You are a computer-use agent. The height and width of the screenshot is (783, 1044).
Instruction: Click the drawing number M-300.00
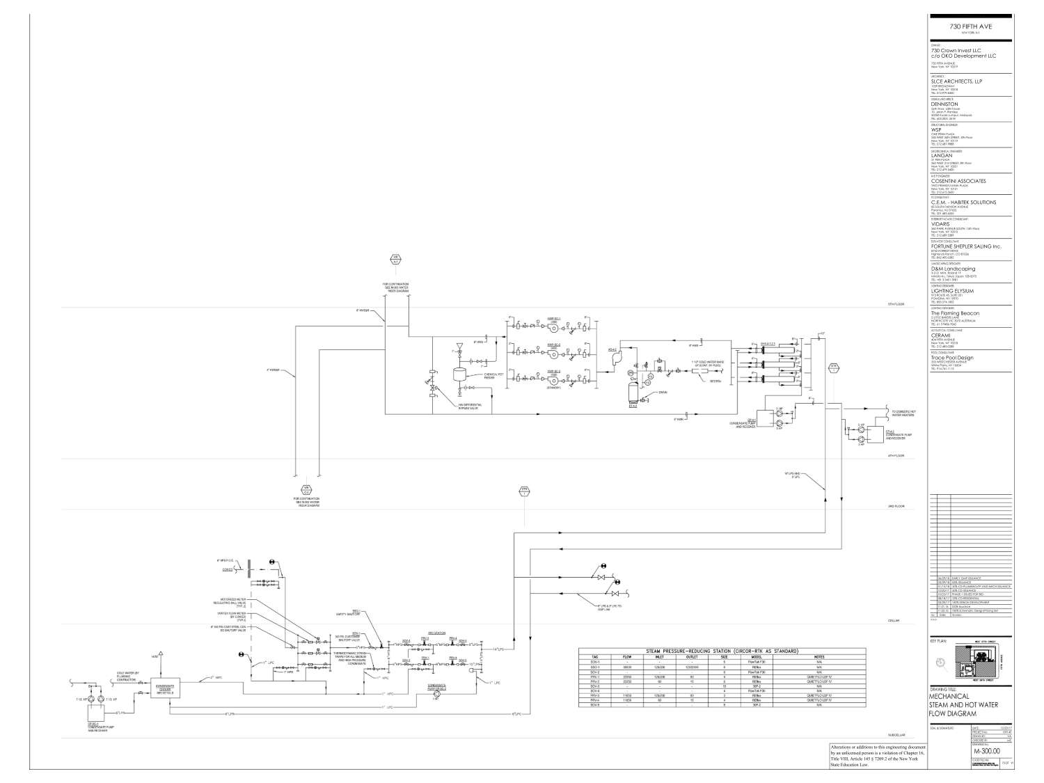tap(986, 751)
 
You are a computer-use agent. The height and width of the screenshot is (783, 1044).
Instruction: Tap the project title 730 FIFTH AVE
tap(971, 26)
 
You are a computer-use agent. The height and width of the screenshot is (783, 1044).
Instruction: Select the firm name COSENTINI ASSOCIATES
tap(958, 181)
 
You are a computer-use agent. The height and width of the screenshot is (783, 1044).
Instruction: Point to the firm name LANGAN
tap(941, 156)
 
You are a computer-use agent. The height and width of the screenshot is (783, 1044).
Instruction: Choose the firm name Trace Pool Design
tap(952, 358)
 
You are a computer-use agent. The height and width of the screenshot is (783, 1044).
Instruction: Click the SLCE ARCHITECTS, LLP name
tap(956, 81)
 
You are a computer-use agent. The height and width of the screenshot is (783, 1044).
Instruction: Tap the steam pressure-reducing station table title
tap(722, 651)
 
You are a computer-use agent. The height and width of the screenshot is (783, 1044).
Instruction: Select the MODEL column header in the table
tap(757, 656)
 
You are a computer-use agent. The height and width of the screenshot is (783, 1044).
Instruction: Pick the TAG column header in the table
tap(595, 656)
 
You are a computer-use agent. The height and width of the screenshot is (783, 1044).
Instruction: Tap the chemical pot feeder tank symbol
tap(460, 374)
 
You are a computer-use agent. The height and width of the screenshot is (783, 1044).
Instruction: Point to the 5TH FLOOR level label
tap(894, 305)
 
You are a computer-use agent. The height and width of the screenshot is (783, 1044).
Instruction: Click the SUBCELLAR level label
tap(895, 734)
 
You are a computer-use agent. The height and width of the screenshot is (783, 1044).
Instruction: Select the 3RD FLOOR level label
tap(894, 507)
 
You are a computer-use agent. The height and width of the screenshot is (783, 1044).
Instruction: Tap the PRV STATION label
tap(436, 633)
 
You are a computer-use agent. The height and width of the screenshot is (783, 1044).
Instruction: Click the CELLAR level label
tap(894, 621)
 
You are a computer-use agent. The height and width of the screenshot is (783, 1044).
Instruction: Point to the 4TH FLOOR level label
tap(894, 456)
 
